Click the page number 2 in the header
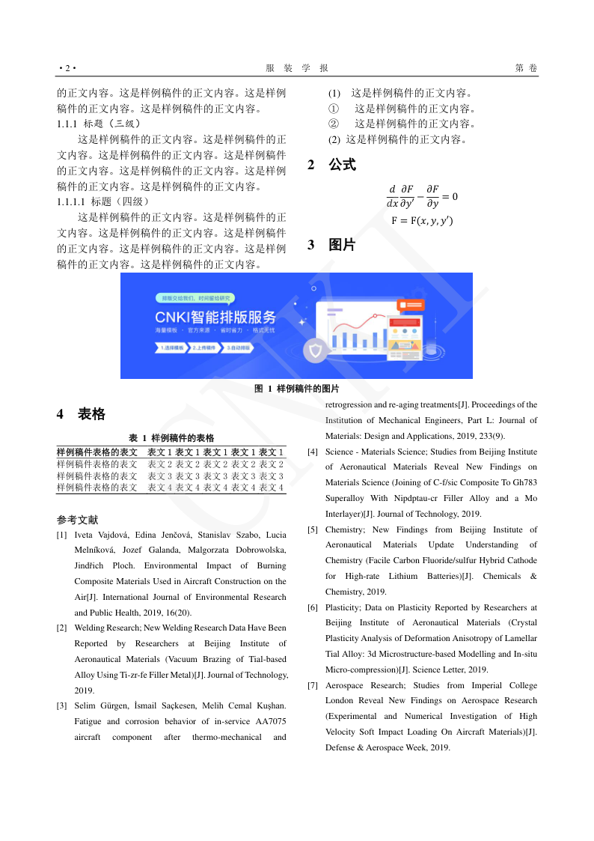[67, 69]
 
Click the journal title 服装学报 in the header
[297, 69]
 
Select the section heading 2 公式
[331, 165]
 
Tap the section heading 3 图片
[331, 245]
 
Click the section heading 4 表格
[81, 414]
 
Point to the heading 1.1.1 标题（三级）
[98, 124]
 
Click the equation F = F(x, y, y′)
[421, 221]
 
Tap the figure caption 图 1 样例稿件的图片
[297, 389]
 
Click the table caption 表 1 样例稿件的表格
[171, 437]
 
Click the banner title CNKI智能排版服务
[215, 315]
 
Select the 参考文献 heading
[77, 520]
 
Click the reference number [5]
[313, 530]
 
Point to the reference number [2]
[61, 628]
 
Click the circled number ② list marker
[334, 124]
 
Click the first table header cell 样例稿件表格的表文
[97, 452]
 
